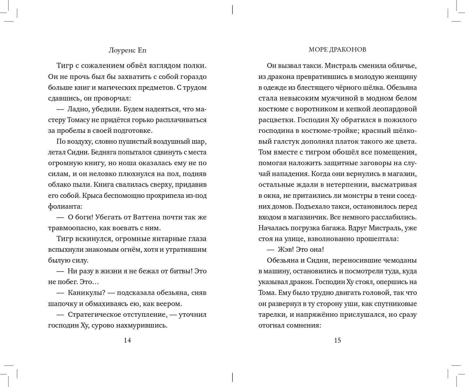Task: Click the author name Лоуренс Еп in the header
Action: pyautogui.click(x=127, y=50)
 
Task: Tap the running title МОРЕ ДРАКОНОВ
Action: pyautogui.click(x=337, y=50)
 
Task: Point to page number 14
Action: pyautogui.click(x=127, y=340)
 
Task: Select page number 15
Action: pyautogui.click(x=337, y=340)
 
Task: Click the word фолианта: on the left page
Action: pyautogui.click(x=65, y=207)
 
